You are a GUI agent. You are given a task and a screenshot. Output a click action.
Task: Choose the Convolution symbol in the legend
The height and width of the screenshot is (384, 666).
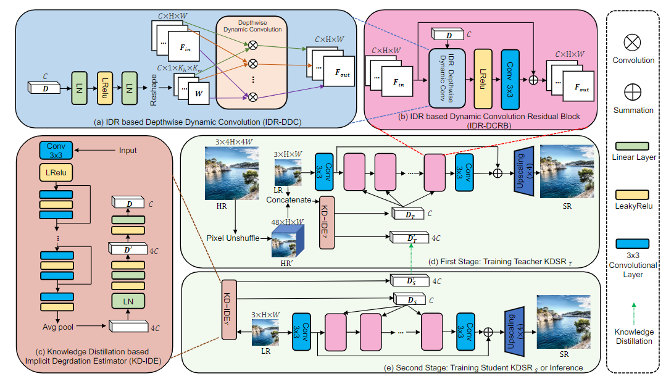[632, 43]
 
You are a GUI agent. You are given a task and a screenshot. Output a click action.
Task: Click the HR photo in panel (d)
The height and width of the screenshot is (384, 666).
[229, 172]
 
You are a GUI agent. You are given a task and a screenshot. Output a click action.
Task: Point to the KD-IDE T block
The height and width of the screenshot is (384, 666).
[327, 222]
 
